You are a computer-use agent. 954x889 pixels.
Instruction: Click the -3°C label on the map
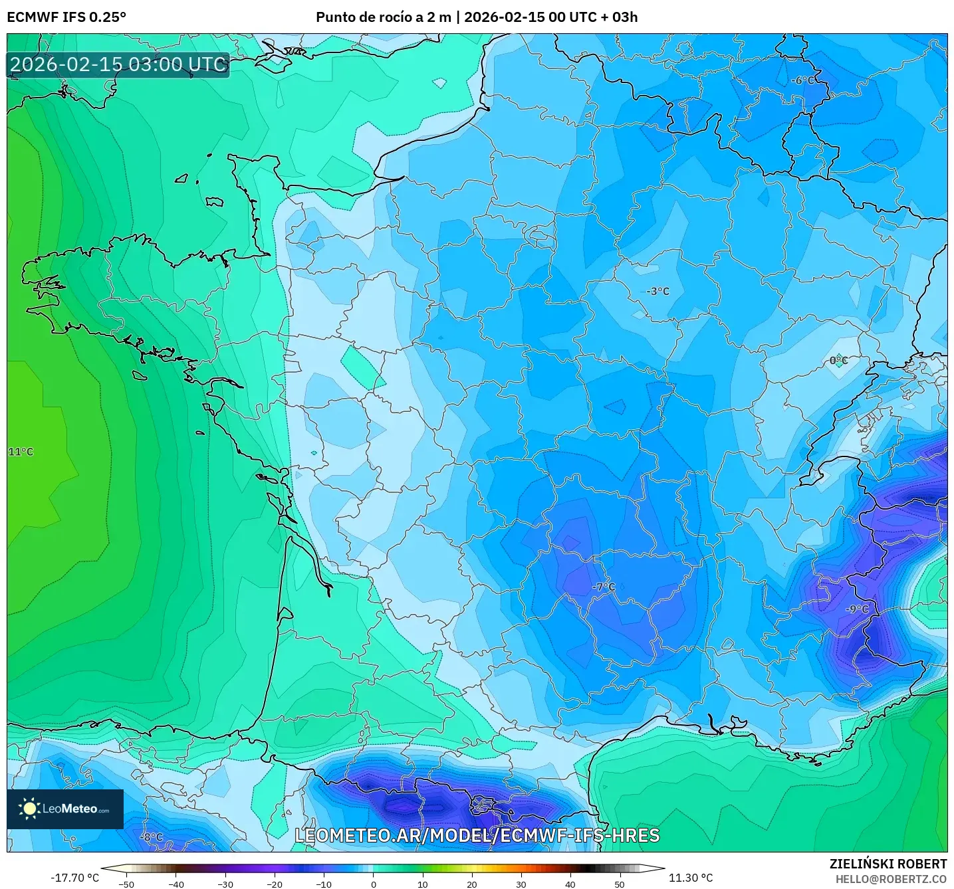pos(658,291)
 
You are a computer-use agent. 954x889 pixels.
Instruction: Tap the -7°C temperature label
pos(604,587)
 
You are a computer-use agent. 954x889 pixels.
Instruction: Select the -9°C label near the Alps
pos(857,609)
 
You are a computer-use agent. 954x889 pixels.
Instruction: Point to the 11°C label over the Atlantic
pos(21,452)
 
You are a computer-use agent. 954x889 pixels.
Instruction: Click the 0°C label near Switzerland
pos(838,361)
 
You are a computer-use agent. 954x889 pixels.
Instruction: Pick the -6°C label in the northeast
pos(802,80)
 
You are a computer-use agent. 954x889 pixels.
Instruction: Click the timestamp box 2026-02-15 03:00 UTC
pos(118,64)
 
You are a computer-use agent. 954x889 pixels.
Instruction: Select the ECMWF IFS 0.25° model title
pos(66,17)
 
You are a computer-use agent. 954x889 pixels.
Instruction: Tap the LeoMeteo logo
pos(65,809)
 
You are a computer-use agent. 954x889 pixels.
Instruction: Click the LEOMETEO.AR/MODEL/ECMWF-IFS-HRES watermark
pos(477,835)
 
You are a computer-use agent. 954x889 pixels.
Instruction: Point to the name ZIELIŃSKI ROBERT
pos(888,864)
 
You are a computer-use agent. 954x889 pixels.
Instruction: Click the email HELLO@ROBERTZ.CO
pos(891,879)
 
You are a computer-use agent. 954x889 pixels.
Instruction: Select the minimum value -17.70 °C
pos(74,878)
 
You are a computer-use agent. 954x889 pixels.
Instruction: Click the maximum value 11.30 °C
pos(690,878)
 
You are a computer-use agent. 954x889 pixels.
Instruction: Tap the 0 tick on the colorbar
pos(373,884)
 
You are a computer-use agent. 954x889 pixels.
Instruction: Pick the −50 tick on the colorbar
pos(126,884)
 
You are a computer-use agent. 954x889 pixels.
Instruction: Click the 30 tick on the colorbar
pos(521,884)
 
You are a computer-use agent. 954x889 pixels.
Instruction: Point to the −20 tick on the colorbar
pos(274,884)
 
